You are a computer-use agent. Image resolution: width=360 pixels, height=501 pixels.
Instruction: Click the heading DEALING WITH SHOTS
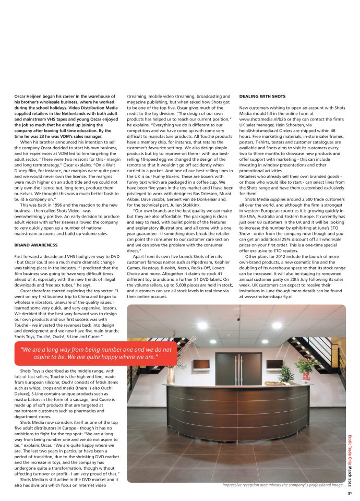[x=262, y=97]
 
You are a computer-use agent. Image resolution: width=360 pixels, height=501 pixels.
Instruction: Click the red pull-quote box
[x=96, y=353]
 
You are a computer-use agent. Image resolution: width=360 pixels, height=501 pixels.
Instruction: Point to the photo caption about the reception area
[x=283, y=485]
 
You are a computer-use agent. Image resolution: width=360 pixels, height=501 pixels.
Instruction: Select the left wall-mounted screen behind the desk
[x=201, y=364]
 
